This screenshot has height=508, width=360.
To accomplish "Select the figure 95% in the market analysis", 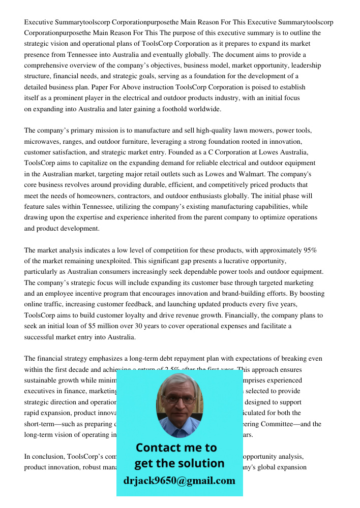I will pos(310,250).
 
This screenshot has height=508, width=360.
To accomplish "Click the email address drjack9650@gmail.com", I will pos(179,481).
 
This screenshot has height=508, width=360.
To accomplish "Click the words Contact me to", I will pos(176,448).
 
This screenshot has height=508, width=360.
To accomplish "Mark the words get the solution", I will pos(179,463).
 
